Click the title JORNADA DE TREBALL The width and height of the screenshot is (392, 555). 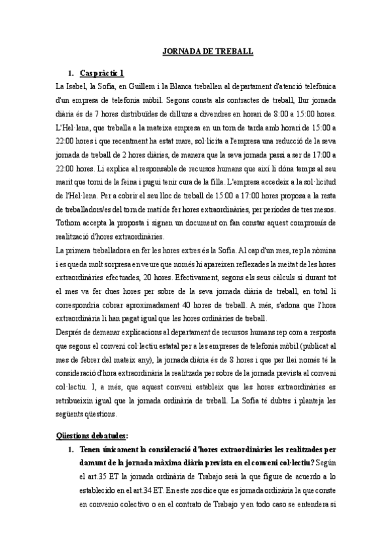coord(207,51)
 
